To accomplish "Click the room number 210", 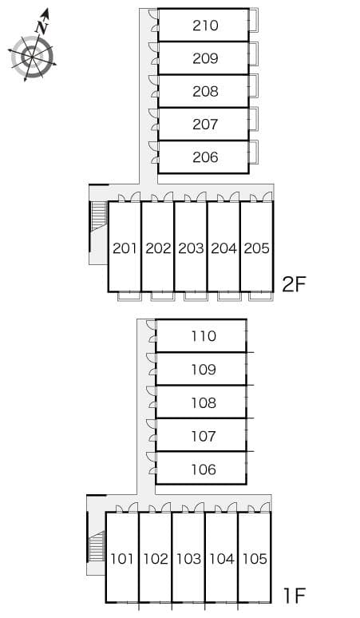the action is click(205, 26).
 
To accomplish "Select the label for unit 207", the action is click(205, 125).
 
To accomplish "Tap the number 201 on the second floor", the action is click(125, 248).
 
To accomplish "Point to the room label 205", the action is click(257, 248).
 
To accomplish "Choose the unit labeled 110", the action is click(204, 336).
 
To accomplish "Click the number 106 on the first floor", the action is click(204, 469).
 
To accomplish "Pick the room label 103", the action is click(188, 558).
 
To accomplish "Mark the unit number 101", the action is click(122, 558).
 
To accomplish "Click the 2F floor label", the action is click(294, 284).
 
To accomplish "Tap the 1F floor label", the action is click(295, 596).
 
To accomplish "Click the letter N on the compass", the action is click(42, 28).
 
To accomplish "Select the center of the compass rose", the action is click(31, 57).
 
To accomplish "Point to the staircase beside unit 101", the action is click(97, 546).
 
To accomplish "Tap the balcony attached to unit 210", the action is click(254, 20).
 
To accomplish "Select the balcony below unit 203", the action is click(196, 296).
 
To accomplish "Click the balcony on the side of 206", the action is click(254, 152).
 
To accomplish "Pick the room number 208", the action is click(205, 92).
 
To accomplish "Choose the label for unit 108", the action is click(204, 402).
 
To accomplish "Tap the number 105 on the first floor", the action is click(255, 558).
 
